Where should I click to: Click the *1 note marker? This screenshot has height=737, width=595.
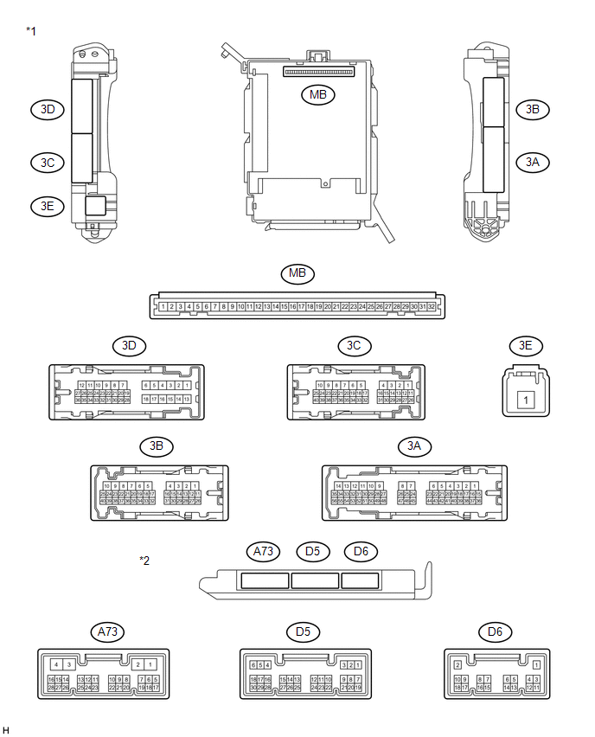point(31,31)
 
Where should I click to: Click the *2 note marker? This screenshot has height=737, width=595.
point(144,561)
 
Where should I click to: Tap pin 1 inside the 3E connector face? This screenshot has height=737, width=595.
point(525,400)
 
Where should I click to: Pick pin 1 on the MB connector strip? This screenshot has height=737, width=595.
point(163,306)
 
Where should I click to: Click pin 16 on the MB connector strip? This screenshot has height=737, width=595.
point(293,306)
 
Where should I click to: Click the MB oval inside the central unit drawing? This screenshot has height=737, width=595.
point(318,95)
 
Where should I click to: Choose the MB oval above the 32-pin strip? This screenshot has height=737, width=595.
point(298,274)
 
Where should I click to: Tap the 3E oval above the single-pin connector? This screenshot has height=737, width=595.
point(526,345)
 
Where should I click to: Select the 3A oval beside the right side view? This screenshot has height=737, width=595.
point(533,162)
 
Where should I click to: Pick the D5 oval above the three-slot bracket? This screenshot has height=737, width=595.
point(312,550)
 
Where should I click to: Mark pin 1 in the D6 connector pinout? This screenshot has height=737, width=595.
point(537,664)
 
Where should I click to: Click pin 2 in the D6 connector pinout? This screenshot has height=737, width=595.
point(457,664)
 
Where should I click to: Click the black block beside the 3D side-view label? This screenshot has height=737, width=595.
point(81,106)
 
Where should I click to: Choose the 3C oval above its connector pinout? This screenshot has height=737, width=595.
point(354,345)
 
